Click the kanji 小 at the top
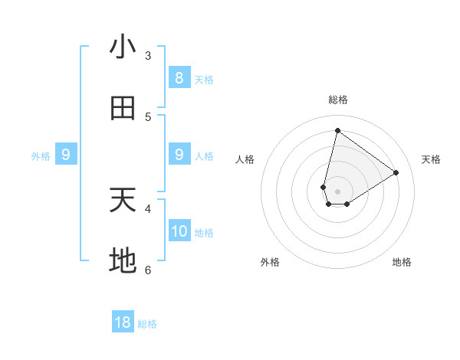tap(123, 47)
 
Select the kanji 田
tap(123, 109)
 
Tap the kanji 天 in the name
tap(123, 201)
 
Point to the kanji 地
tap(123, 262)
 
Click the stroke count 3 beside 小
tap(148, 56)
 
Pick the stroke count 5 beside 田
tap(148, 117)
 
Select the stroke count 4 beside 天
tap(148, 208)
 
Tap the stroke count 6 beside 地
tap(148, 270)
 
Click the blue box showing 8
tap(179, 78)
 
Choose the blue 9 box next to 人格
tap(179, 155)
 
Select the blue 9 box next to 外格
tap(66, 155)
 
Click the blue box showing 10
tap(179, 231)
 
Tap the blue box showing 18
tap(123, 322)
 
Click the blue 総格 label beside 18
tap(147, 324)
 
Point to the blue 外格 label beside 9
tap(41, 156)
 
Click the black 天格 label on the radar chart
tap(431, 159)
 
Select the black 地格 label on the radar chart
tap(402, 262)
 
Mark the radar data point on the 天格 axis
tap(396, 173)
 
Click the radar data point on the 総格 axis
tap(337, 130)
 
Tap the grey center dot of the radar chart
tap(337, 191)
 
